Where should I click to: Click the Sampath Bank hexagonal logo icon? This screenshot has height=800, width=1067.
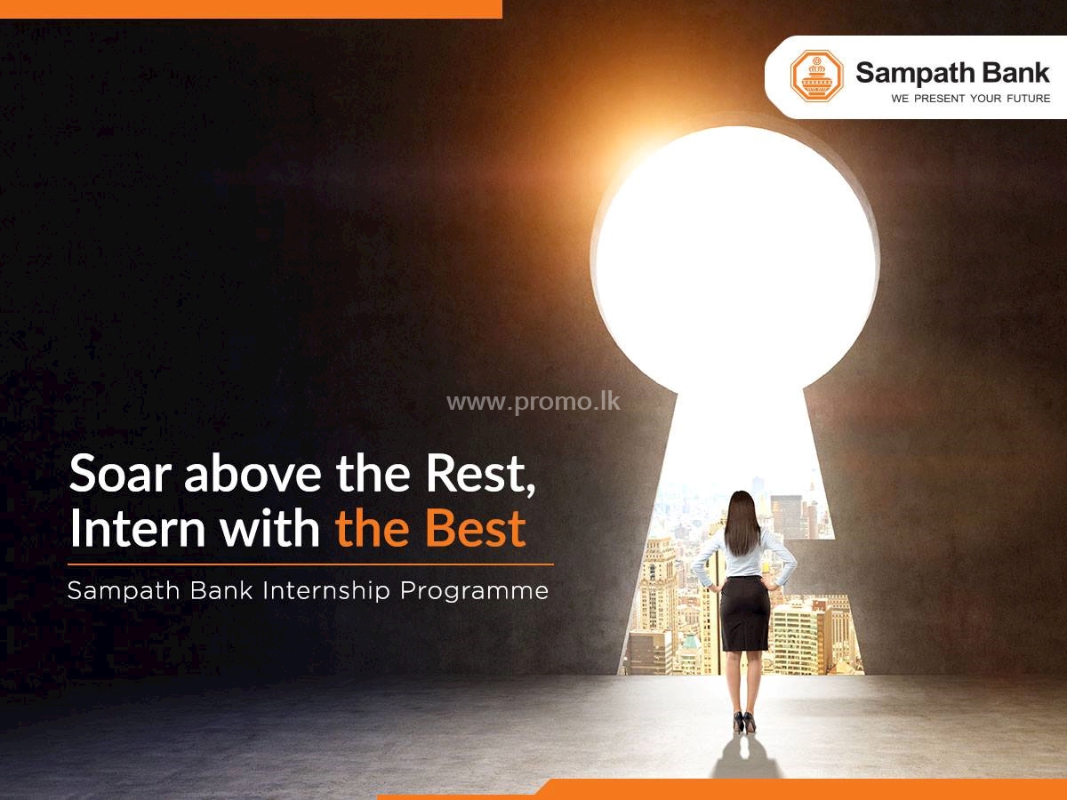(x=816, y=76)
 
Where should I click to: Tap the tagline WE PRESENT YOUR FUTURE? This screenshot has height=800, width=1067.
(x=970, y=99)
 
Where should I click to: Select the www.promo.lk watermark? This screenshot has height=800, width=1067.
(x=533, y=402)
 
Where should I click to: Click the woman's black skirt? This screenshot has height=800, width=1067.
(x=745, y=613)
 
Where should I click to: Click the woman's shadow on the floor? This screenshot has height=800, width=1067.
(x=745, y=760)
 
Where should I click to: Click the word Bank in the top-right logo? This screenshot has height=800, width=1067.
(x=1013, y=72)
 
